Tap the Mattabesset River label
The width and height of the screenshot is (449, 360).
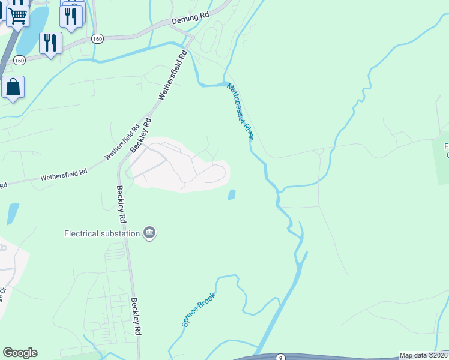240,111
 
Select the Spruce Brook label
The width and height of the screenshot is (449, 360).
198,310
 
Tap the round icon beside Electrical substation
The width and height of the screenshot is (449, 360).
149,233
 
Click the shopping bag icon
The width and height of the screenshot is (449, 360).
13,88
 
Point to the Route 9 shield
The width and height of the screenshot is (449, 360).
280,357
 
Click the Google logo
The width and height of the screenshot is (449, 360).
20,353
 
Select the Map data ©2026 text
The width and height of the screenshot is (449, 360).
423,355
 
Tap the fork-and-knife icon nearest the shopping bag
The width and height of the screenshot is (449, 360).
50,43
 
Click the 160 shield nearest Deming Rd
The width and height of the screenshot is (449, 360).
97,38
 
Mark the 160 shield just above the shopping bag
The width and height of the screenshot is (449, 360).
19,60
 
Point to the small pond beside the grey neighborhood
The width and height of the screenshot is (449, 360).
231,195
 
